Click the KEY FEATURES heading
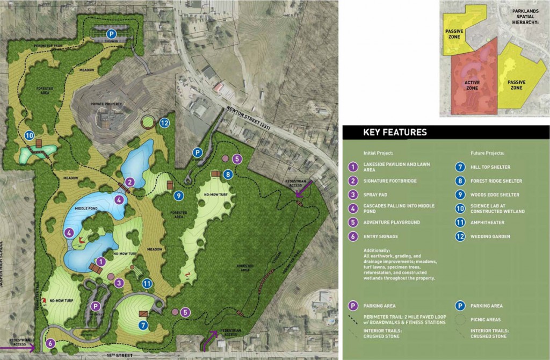click(x=395, y=132)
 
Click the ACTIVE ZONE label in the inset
click(x=468, y=85)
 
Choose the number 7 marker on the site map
click(x=143, y=324)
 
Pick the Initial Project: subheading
click(x=378, y=153)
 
